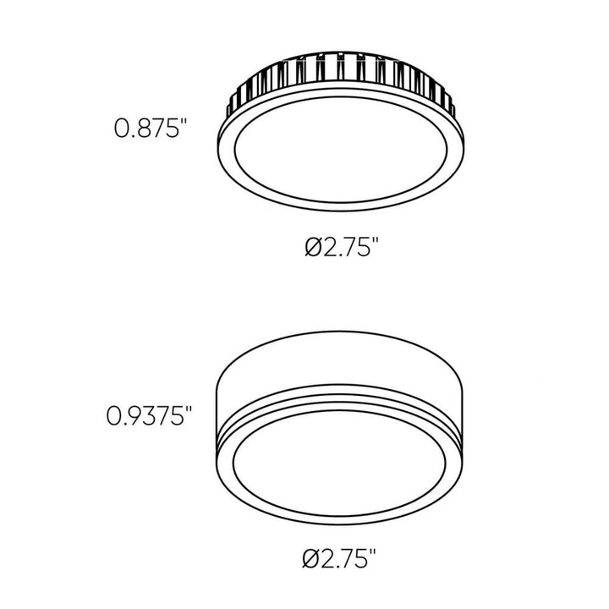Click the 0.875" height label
[150, 129]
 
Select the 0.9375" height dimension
[150, 415]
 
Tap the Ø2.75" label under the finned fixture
[340, 248]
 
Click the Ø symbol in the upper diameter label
[311, 248]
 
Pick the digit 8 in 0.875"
[141, 129]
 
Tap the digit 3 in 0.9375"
[149, 415]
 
